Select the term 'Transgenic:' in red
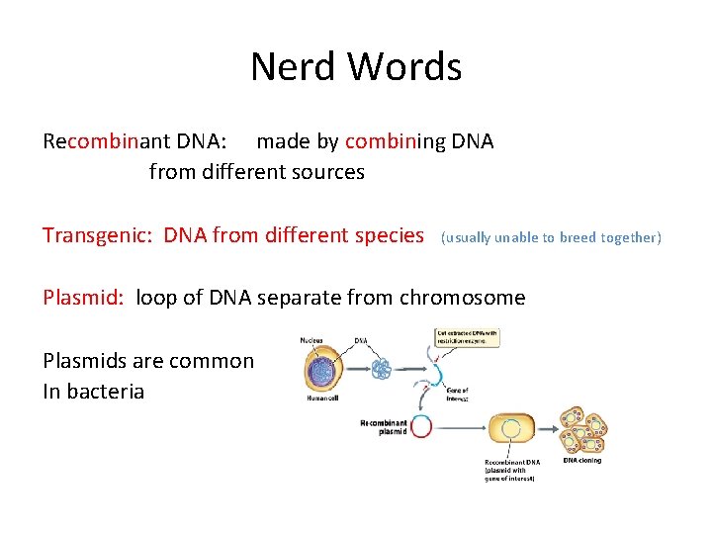point(99,235)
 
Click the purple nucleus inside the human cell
point(325,369)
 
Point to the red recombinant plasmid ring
point(421,426)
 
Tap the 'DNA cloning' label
point(581,460)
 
